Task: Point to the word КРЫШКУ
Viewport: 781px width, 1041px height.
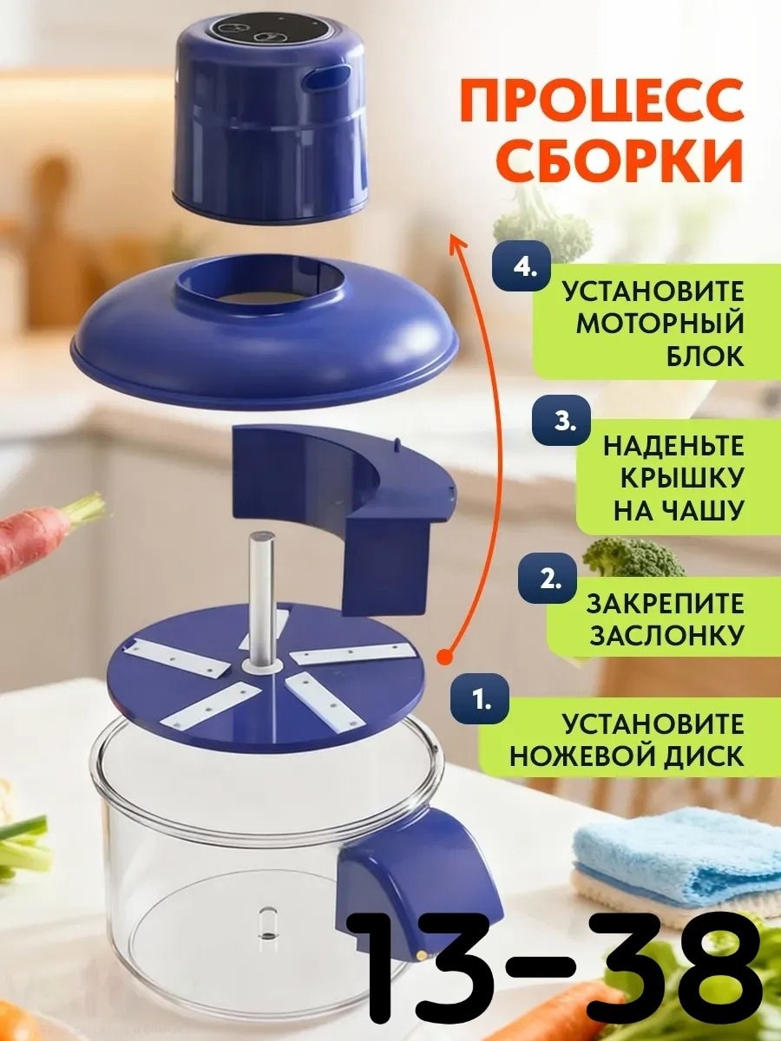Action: (681, 478)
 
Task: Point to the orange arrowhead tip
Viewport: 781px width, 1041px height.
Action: (452, 233)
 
